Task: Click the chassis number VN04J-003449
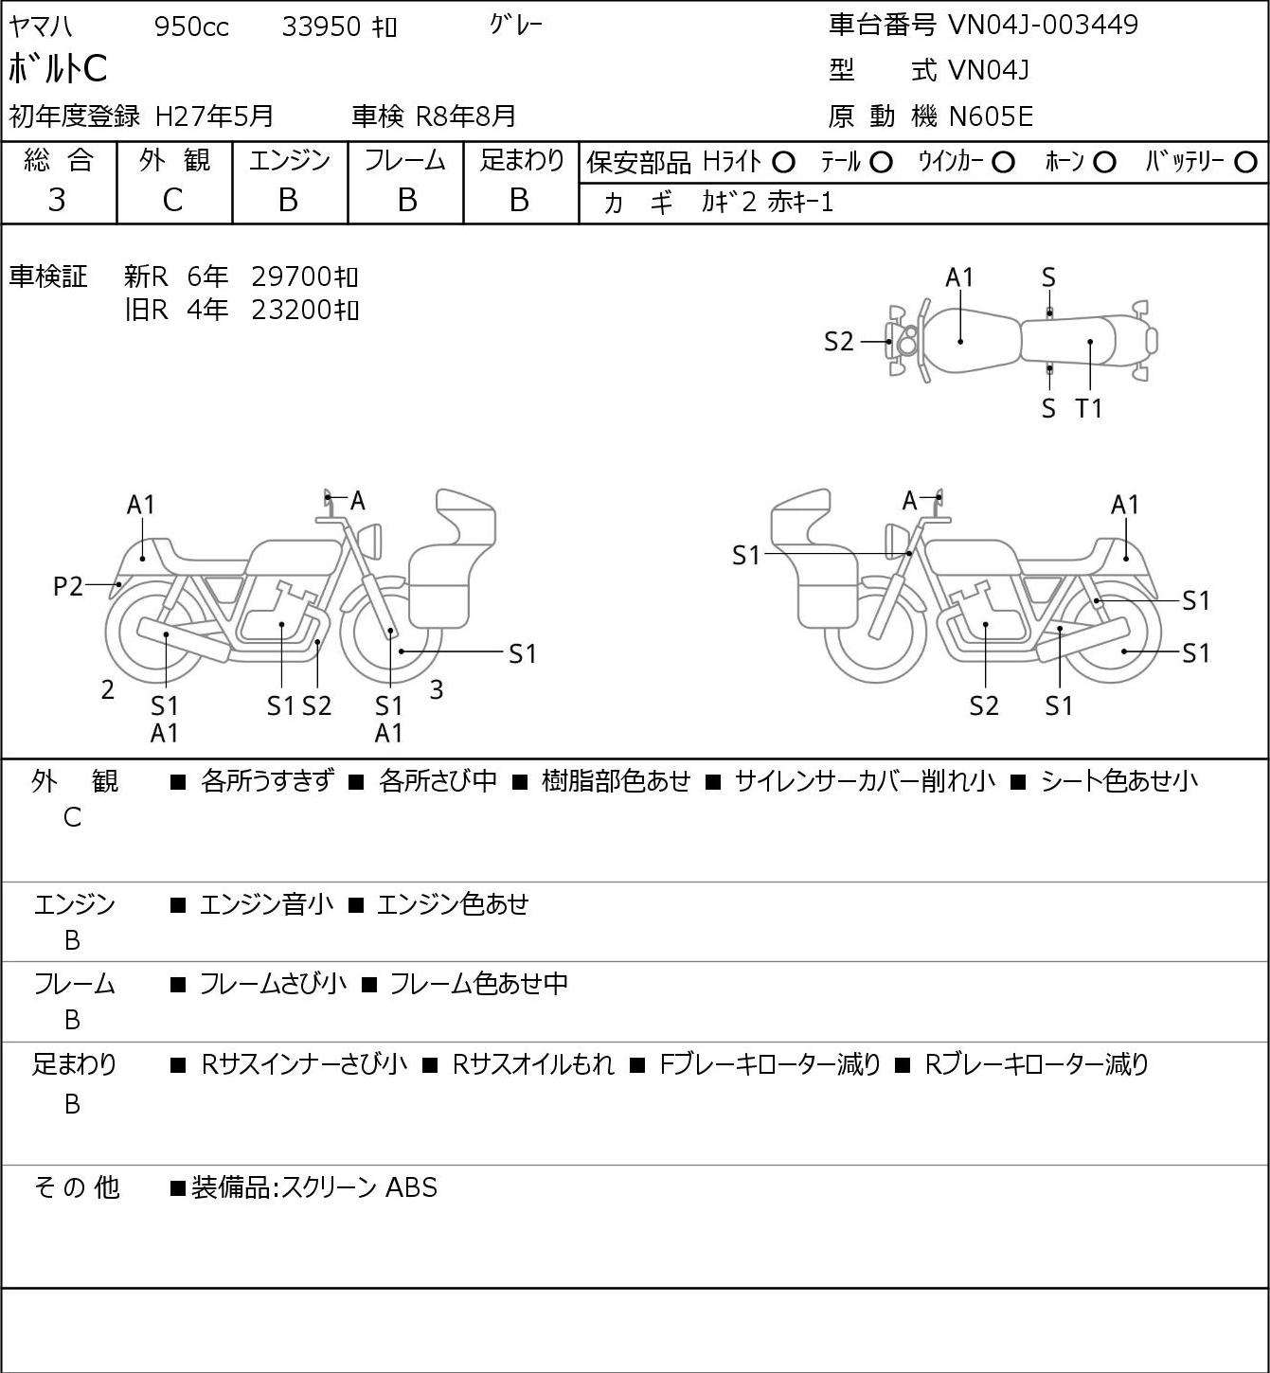pos(1043,25)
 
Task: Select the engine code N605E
pos(991,116)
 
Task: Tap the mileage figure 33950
pos(321,27)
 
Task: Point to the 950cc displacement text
pos(191,27)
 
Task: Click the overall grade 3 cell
pos(57,200)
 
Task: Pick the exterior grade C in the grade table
pos(172,200)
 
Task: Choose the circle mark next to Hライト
pos(783,163)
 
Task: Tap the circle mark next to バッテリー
pos(1245,163)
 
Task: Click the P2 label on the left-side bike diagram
pos(68,586)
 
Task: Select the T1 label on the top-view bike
pos(1089,408)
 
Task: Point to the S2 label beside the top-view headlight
pos(838,342)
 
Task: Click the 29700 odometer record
pos(291,276)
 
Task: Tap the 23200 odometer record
pos(291,310)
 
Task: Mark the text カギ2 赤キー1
pos(767,203)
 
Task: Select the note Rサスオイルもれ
pos(533,1064)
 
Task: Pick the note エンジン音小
pos(267,904)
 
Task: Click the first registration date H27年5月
pos(214,116)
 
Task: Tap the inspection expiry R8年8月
pos(466,116)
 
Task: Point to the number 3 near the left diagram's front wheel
pos(436,689)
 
